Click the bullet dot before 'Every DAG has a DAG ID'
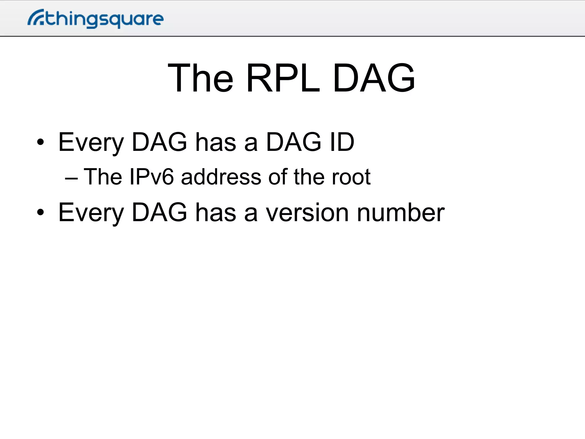[x=40, y=142]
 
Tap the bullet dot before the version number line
[x=40, y=212]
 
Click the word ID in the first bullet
[x=342, y=142]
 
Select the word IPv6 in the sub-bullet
[x=151, y=177]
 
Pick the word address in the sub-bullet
[x=221, y=177]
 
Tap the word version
[x=307, y=213]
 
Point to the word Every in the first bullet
[x=91, y=142]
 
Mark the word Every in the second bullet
[x=91, y=213]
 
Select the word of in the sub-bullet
[x=277, y=177]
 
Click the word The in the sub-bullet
[x=103, y=177]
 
